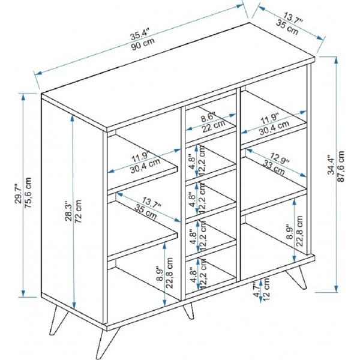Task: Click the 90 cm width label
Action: pyautogui.click(x=143, y=44)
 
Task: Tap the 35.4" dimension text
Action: pyautogui.click(x=140, y=34)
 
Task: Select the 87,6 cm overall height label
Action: pyautogui.click(x=341, y=166)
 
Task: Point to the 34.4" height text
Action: pyautogui.click(x=331, y=164)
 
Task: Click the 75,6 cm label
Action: pyautogui.click(x=28, y=193)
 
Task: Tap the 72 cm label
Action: pyautogui.click(x=79, y=211)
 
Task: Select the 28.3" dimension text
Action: pyautogui.click(x=68, y=211)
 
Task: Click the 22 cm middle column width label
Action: pyautogui.click(x=213, y=126)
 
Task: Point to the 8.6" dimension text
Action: pyautogui.click(x=208, y=118)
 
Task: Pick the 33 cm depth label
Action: pyautogui.click(x=274, y=167)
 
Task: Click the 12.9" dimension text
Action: pyautogui.click(x=279, y=158)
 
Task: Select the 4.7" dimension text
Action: pyautogui.click(x=257, y=289)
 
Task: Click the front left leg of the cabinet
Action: pyautogui.click(x=108, y=341)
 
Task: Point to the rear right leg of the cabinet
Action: pyautogui.click(x=297, y=277)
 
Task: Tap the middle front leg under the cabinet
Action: pyautogui.click(x=189, y=311)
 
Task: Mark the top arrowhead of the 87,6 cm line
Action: pyautogui.click(x=336, y=60)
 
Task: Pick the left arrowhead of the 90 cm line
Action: pyautogui.click(x=38, y=73)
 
